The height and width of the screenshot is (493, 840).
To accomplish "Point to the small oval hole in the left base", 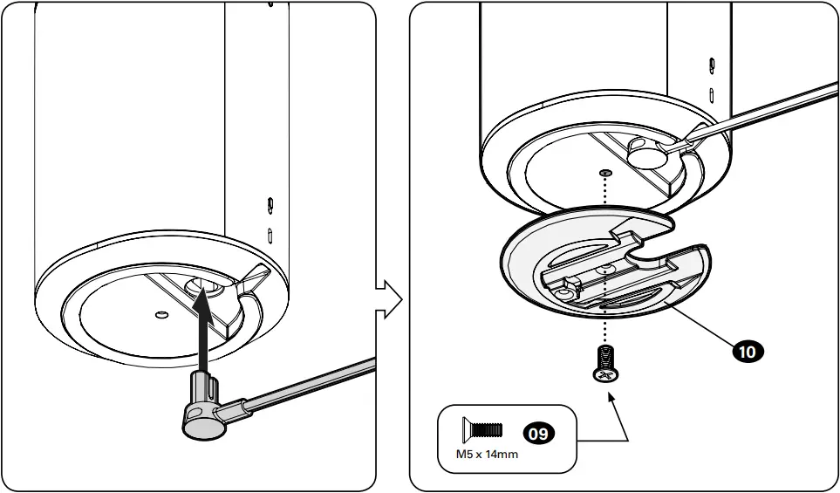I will (160, 312).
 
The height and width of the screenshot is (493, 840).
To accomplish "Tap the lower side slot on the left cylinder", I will (270, 234).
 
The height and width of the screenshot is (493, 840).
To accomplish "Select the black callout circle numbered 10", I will (748, 351).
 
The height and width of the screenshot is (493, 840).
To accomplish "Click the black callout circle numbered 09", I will (537, 432).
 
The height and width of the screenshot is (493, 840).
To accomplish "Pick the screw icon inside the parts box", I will (481, 429).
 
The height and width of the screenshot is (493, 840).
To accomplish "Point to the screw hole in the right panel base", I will (605, 173).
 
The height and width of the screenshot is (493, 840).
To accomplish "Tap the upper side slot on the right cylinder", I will (713, 65).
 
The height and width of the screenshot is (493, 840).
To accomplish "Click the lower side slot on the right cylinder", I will (713, 92).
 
